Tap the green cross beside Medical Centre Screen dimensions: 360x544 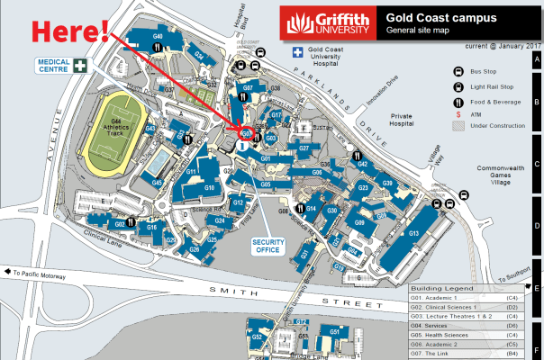point(81,64)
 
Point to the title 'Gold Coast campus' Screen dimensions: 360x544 point(427,16)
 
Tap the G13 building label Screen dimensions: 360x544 point(415,233)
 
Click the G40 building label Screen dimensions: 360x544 point(158,35)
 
